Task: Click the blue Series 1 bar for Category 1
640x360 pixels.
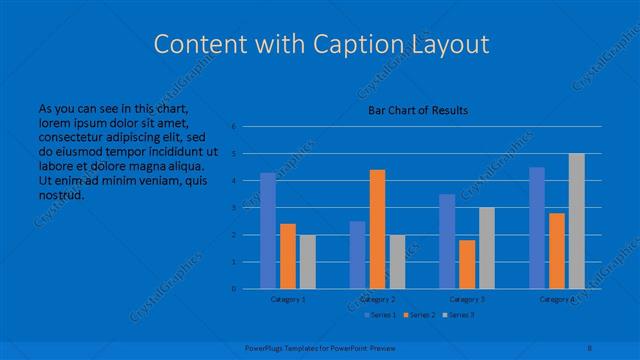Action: [267, 231]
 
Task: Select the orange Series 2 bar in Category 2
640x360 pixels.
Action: [377, 229]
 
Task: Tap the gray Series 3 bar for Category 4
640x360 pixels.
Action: [577, 221]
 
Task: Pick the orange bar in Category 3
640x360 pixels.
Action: [467, 264]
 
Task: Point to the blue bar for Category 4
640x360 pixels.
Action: [537, 228]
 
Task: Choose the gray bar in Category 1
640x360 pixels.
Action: [307, 262]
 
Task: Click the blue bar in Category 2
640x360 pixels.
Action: [357, 255]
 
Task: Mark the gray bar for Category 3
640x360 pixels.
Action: [487, 248]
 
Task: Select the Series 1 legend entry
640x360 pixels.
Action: [381, 315]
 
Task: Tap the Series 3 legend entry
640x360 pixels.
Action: [459, 315]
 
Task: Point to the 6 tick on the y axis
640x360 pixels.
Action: [233, 127]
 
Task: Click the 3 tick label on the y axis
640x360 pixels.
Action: [233, 208]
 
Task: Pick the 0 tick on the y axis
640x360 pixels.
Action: [233, 289]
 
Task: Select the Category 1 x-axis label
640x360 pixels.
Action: [288, 299]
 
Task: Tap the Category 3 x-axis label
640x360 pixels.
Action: [467, 299]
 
